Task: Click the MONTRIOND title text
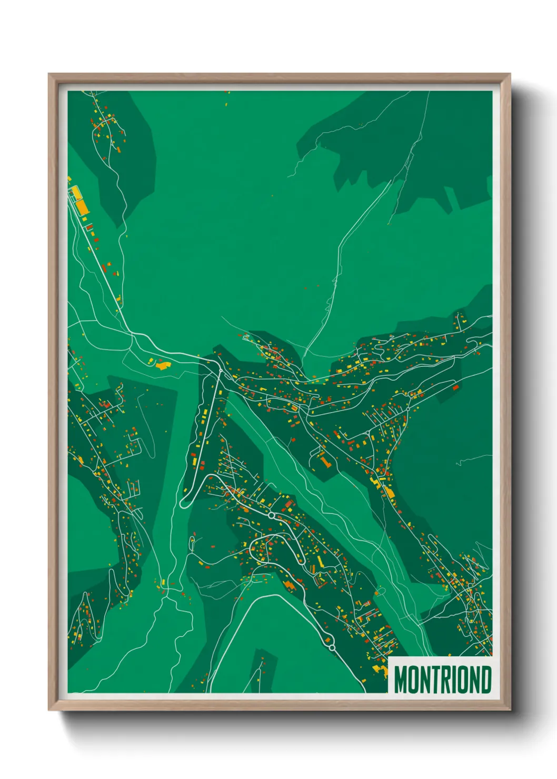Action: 442,680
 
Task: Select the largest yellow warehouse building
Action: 83,207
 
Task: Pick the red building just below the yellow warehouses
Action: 89,227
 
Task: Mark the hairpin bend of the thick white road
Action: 184,503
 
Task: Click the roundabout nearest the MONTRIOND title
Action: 332,647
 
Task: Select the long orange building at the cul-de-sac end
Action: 324,462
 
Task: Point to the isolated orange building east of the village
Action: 455,387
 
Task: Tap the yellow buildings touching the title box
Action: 380,667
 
